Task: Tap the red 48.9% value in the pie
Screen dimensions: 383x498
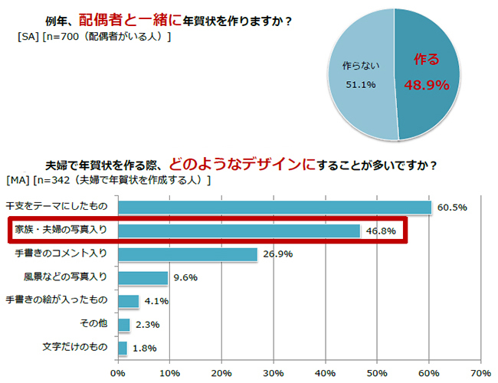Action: (426, 85)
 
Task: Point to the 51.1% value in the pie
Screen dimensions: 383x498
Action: (359, 84)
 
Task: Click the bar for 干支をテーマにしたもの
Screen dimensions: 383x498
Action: (274, 207)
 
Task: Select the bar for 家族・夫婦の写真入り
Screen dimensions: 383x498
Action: (238, 231)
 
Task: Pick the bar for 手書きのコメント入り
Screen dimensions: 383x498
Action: (187, 254)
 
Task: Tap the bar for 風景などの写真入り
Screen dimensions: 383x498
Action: (143, 277)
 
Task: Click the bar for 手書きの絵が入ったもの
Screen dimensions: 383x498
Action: (128, 301)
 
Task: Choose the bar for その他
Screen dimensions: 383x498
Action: (123, 325)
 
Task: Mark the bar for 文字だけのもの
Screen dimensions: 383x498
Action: (122, 348)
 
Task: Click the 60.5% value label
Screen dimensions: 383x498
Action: (451, 208)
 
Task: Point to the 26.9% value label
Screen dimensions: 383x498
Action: (277, 254)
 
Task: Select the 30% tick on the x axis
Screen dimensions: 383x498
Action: (273, 373)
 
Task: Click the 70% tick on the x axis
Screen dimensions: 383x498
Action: (480, 373)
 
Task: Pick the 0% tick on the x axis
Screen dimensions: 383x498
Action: (118, 373)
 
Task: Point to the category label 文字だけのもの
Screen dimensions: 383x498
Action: (75, 348)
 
